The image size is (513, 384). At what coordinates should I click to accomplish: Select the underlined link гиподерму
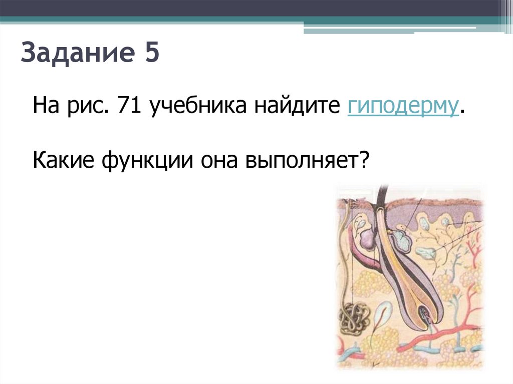click(402, 107)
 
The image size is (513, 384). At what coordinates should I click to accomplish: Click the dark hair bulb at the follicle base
click(425, 314)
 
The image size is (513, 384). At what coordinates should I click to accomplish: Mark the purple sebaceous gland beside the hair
click(367, 237)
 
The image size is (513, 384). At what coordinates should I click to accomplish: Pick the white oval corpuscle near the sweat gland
click(382, 314)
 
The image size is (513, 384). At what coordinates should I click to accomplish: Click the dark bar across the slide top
click(250, 8)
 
